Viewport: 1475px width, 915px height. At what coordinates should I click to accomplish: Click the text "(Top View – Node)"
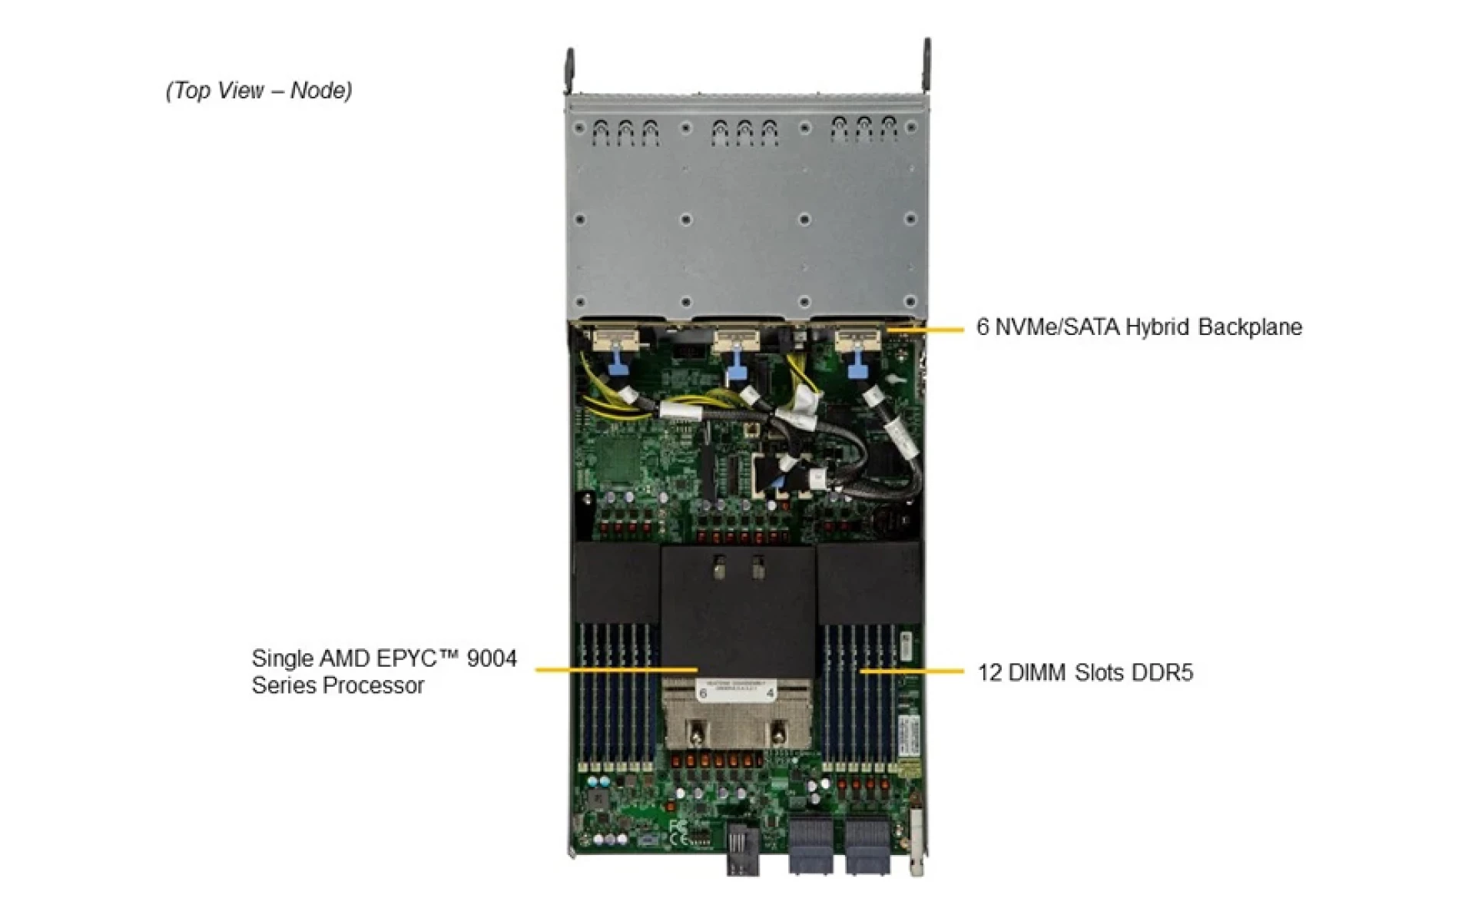tap(259, 91)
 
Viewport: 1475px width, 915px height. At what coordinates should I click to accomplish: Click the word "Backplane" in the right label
tap(1250, 327)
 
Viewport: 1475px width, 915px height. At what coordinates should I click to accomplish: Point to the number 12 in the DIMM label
tap(989, 673)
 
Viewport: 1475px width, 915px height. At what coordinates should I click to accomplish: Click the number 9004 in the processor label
tap(492, 658)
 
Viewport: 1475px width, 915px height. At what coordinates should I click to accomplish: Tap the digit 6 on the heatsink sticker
tap(702, 693)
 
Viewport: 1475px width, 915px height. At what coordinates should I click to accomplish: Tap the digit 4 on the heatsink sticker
tap(771, 693)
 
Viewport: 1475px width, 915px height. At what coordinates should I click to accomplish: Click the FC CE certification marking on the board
tap(678, 833)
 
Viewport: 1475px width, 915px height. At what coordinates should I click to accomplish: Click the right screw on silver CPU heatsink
tap(778, 732)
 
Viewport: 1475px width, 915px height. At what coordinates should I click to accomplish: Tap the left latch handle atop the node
tap(570, 69)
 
